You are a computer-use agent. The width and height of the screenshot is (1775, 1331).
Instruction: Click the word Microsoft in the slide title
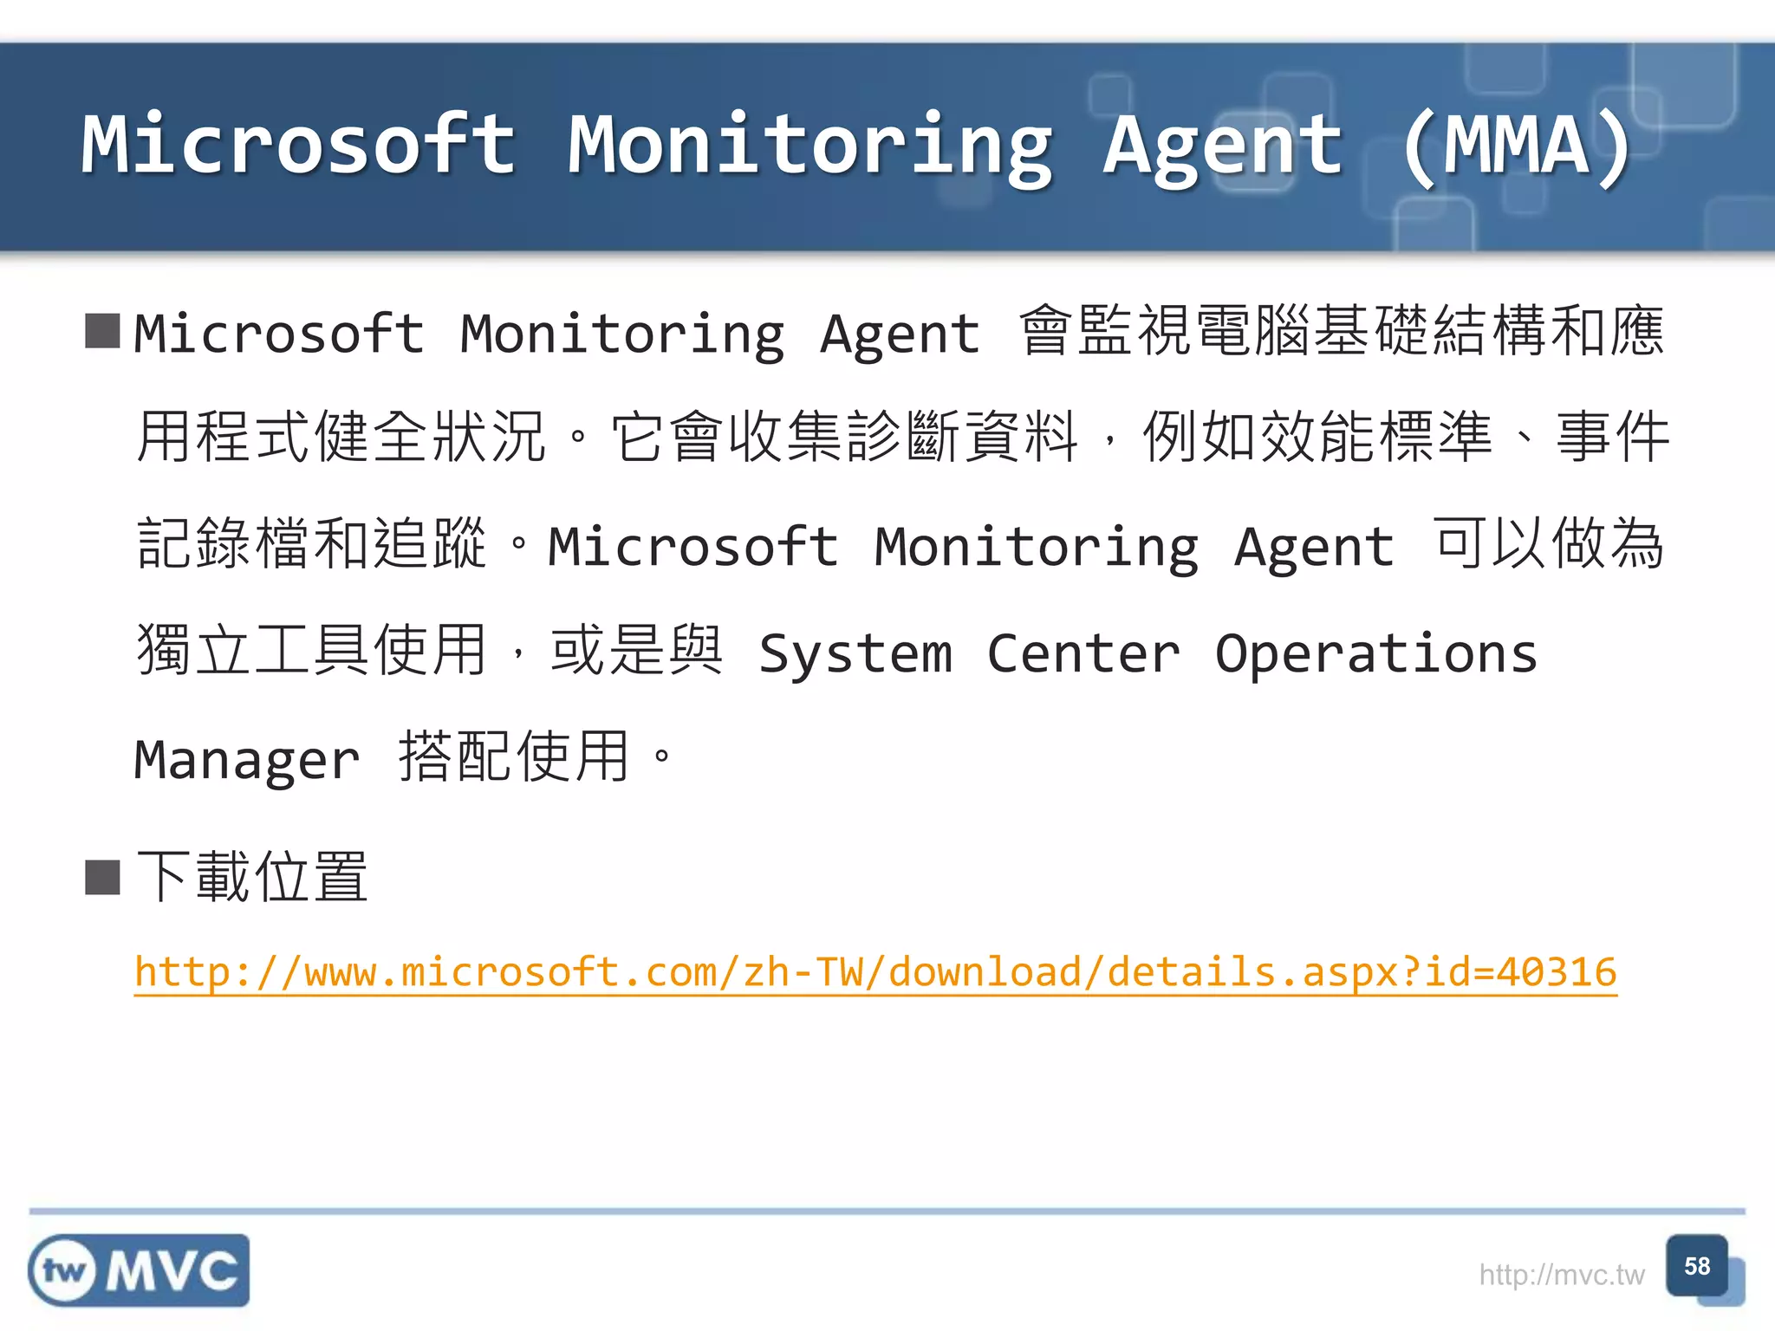pos(299,145)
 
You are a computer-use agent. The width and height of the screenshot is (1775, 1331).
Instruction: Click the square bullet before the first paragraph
pos(102,331)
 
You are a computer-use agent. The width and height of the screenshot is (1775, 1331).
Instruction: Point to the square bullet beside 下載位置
pos(102,877)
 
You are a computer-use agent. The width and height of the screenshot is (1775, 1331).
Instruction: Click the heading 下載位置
pos(252,877)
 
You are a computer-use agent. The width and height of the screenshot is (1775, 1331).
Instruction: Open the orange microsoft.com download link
pos(875,972)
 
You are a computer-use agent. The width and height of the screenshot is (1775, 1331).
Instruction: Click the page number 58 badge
pos(1697,1267)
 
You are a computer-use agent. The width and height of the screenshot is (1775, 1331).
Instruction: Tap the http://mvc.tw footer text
pos(1561,1275)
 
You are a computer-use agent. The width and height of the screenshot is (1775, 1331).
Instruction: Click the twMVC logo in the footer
pos(139,1270)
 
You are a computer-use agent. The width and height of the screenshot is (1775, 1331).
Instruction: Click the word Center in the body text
pos(1083,653)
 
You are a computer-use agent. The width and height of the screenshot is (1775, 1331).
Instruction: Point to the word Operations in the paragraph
pos(1376,653)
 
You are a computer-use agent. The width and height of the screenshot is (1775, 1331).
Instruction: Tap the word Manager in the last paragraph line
pos(247,761)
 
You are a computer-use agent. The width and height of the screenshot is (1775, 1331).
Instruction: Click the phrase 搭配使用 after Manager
pos(513,757)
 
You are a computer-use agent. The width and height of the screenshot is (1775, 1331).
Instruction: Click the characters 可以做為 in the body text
pos(1549,544)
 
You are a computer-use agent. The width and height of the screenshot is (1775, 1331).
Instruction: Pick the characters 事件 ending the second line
pos(1613,437)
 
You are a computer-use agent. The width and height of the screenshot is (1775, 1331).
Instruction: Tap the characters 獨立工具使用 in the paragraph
pos(311,650)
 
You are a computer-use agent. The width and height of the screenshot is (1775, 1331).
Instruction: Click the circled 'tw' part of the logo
pos(64,1271)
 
